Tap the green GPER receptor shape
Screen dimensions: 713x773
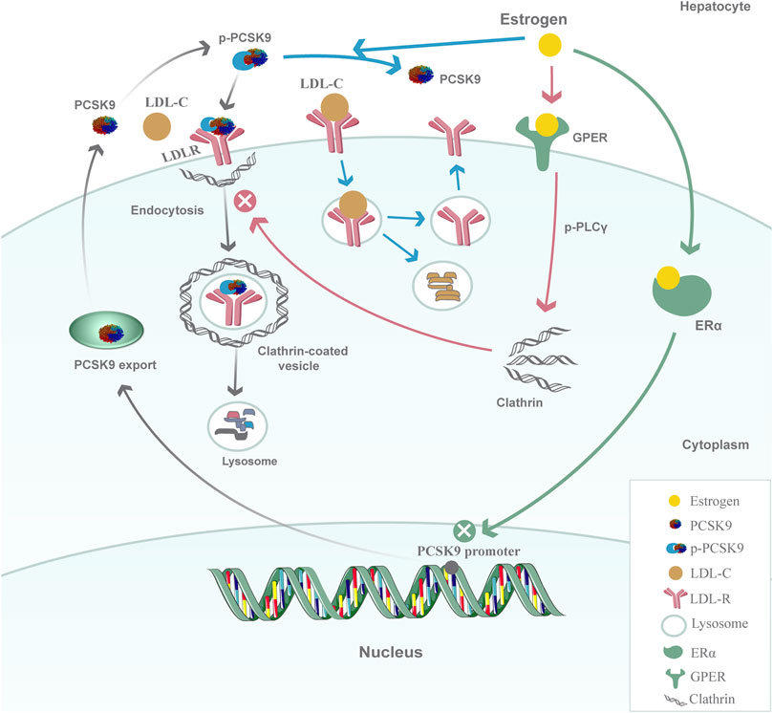(x=550, y=136)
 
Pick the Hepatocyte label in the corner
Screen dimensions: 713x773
(x=727, y=7)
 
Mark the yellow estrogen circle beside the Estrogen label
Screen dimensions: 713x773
(x=550, y=44)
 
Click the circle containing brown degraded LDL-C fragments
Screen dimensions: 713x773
(x=441, y=290)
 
